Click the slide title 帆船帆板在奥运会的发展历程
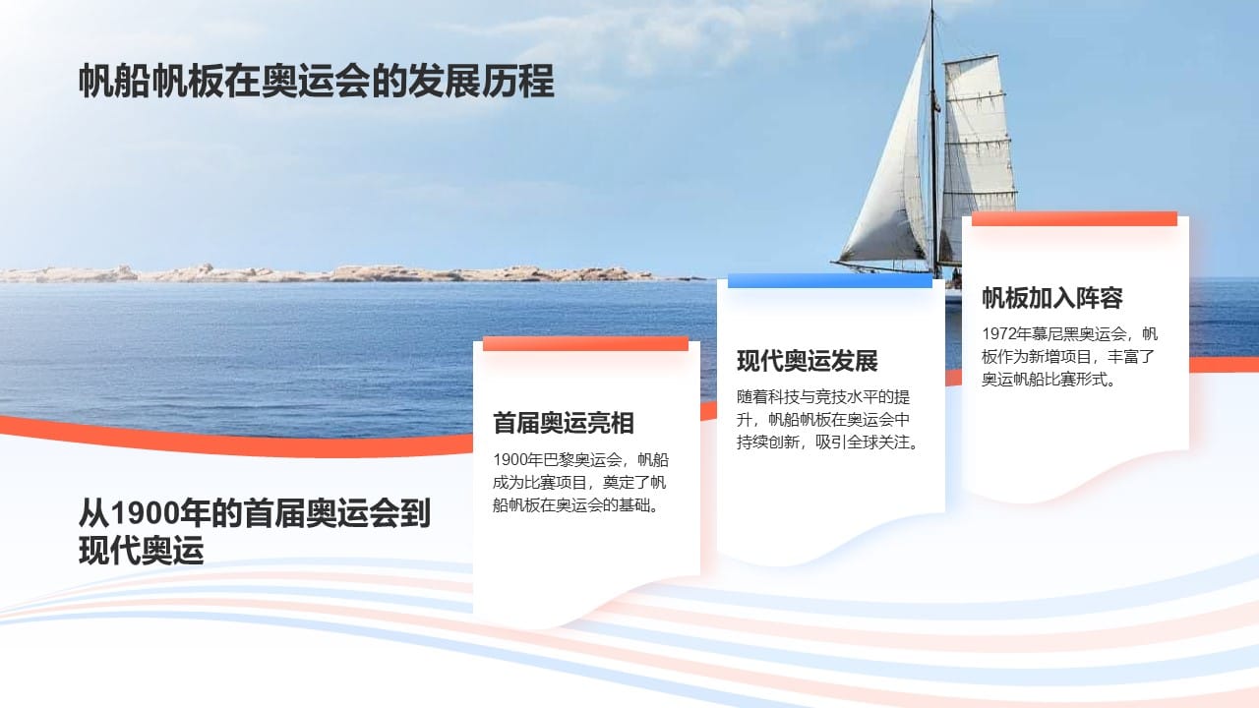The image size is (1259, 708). point(316,82)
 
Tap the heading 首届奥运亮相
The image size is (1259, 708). point(564,424)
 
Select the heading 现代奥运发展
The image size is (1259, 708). point(807,361)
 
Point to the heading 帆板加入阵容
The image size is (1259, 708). point(1051,298)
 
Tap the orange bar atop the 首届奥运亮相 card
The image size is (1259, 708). point(585,343)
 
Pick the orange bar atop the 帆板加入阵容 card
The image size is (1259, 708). point(1074,218)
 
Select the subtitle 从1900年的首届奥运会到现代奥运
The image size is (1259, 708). point(254,531)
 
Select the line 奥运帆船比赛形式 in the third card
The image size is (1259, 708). point(1047,380)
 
